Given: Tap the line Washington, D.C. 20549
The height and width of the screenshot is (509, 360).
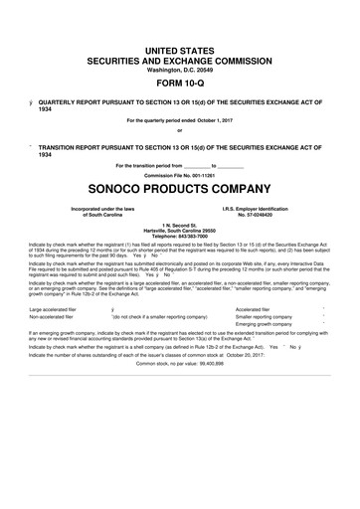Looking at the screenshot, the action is pyautogui.click(x=180, y=69).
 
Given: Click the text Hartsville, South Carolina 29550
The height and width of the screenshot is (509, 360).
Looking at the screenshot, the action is pyautogui.click(x=180, y=230).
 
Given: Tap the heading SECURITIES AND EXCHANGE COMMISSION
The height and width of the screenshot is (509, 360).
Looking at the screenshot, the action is pyautogui.click(x=180, y=59).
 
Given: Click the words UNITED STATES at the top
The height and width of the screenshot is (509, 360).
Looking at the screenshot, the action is pyautogui.click(x=180, y=48).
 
